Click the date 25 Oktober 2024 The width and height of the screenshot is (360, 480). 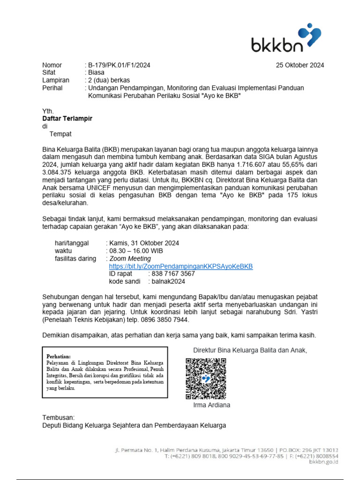click(300, 65)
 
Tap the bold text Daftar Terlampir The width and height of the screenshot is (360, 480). click(67, 119)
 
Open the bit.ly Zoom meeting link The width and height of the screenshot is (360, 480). click(180, 266)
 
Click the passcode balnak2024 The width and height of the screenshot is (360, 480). click(168, 281)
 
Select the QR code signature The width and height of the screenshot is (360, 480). click(206, 378)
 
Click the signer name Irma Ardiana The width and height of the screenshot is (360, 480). click(211, 405)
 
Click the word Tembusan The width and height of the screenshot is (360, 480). click(59, 417)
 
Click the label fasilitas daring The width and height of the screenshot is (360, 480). click(75, 258)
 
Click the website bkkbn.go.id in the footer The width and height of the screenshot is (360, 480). click(323, 462)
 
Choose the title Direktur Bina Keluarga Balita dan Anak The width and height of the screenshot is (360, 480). click(250, 350)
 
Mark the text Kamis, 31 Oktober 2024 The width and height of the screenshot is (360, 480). click(144, 243)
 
